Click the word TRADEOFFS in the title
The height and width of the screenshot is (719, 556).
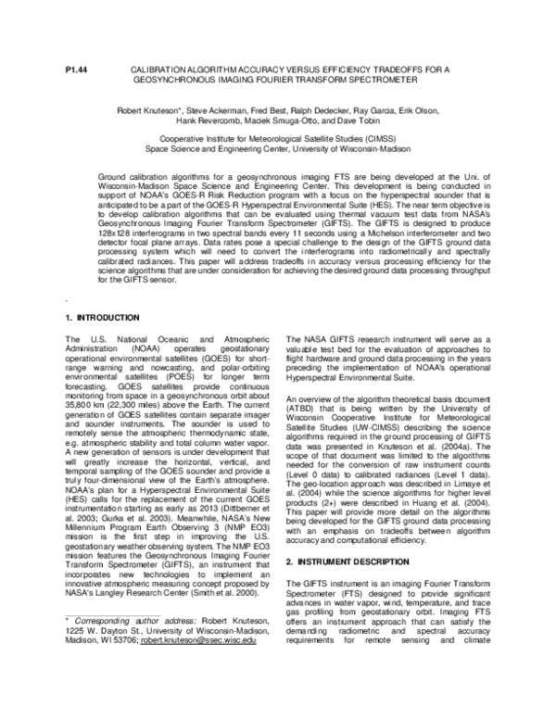pos(377,69)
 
